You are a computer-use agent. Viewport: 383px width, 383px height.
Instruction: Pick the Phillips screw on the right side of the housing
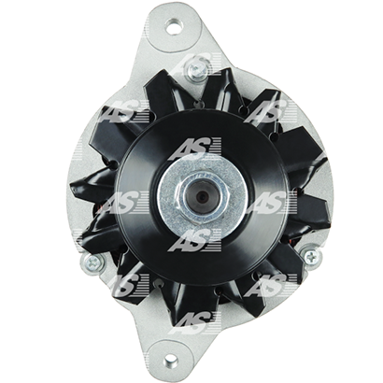pyautogui.click(x=311, y=256)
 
